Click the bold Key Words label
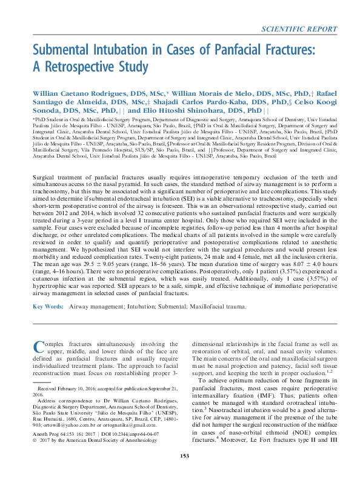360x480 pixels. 46,307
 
